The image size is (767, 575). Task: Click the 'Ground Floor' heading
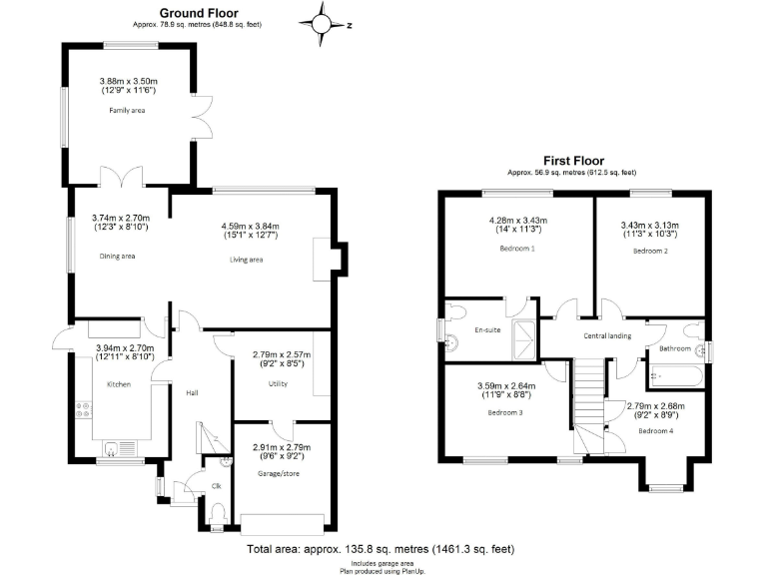pyautogui.click(x=198, y=12)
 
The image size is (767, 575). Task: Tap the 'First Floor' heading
pyautogui.click(x=574, y=160)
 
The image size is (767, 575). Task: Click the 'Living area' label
pyautogui.click(x=242, y=260)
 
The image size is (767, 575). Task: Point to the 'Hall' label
pyautogui.click(x=193, y=392)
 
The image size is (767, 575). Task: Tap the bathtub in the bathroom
pyautogui.click(x=672, y=377)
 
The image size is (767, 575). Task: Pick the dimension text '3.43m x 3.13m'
pyautogui.click(x=649, y=226)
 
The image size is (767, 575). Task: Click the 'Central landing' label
pyautogui.click(x=607, y=335)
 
